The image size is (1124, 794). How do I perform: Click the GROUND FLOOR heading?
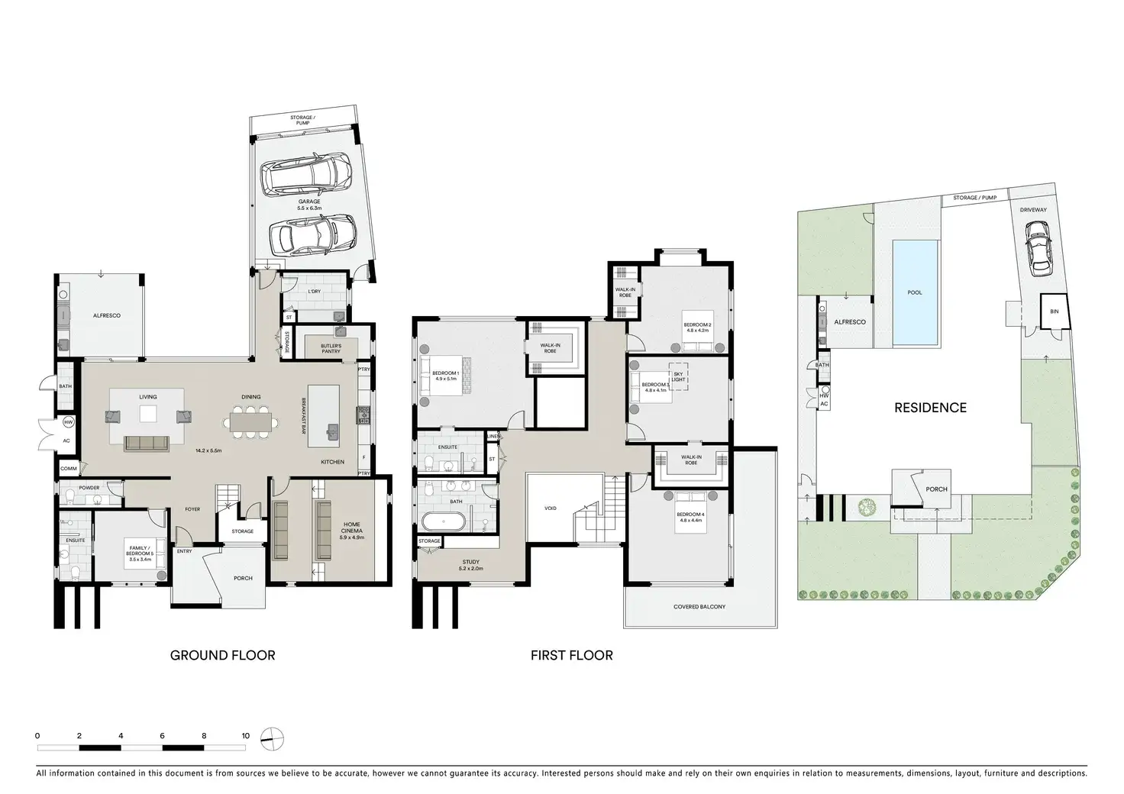(x=222, y=655)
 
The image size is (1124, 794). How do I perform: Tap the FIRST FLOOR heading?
(x=572, y=655)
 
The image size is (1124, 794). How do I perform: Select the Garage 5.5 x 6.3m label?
(x=309, y=205)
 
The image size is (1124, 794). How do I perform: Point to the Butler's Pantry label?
(x=331, y=348)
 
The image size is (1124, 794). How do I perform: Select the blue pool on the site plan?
(x=915, y=292)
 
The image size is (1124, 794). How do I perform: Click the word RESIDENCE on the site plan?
(x=930, y=408)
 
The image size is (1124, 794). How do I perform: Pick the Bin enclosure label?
(x=1055, y=311)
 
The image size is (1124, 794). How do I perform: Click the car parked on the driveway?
(x=1037, y=248)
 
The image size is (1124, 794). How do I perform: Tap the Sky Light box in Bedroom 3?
(x=678, y=376)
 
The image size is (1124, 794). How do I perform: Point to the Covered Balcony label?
(x=699, y=607)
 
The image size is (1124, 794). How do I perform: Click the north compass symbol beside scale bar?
(x=272, y=737)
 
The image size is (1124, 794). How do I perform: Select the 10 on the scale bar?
(x=245, y=736)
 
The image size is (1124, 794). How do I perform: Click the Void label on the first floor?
(x=551, y=508)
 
